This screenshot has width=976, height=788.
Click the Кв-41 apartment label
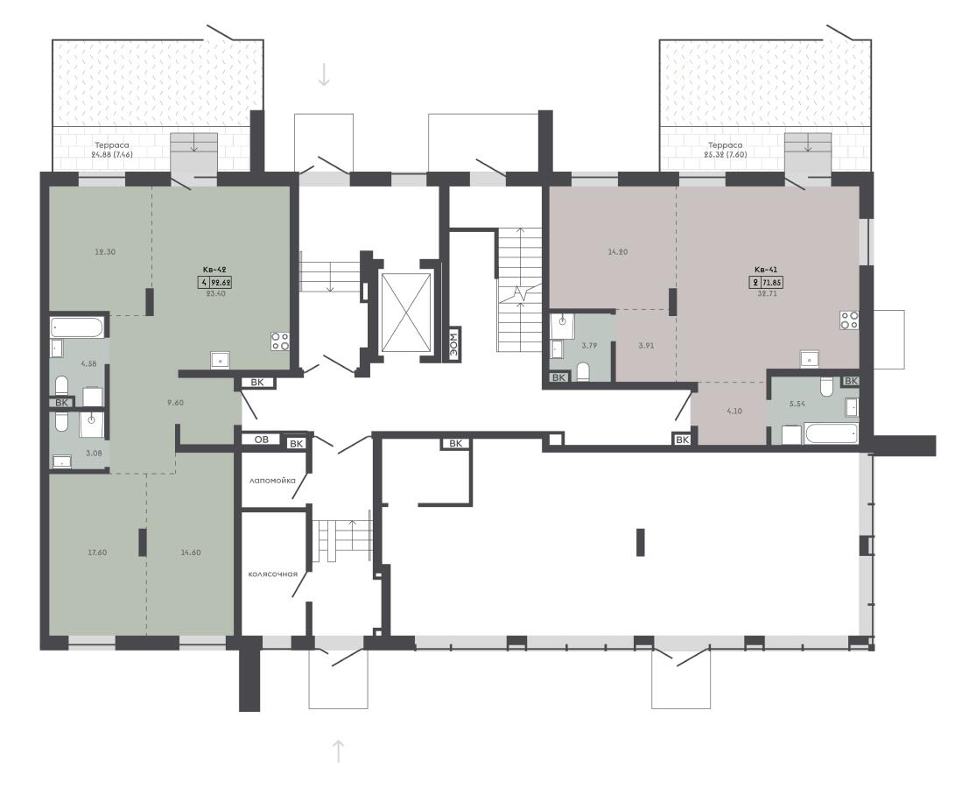(x=766, y=270)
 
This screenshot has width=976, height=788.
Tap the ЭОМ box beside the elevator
(x=456, y=344)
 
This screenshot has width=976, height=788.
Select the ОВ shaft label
(x=262, y=440)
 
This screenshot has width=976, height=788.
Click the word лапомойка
(x=272, y=481)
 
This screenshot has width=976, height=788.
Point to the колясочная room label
(x=272, y=573)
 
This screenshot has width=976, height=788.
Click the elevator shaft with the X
(x=406, y=313)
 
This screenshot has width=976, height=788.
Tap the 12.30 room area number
(x=104, y=252)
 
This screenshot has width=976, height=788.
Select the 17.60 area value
(x=97, y=552)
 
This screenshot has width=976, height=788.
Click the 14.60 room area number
(x=191, y=552)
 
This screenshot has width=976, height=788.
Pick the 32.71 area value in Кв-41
(x=765, y=294)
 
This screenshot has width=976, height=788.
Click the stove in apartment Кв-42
(x=280, y=341)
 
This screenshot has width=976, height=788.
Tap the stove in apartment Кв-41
(x=850, y=320)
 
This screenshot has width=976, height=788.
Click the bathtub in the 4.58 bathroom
(x=78, y=327)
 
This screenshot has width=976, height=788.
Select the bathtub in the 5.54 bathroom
(x=831, y=433)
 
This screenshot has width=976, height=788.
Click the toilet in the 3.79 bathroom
(x=583, y=371)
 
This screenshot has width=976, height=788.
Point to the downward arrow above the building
(x=324, y=74)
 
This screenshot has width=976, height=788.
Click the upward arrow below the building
(x=338, y=751)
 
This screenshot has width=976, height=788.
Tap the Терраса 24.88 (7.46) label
(x=112, y=150)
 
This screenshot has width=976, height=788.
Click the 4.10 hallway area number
(x=734, y=411)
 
